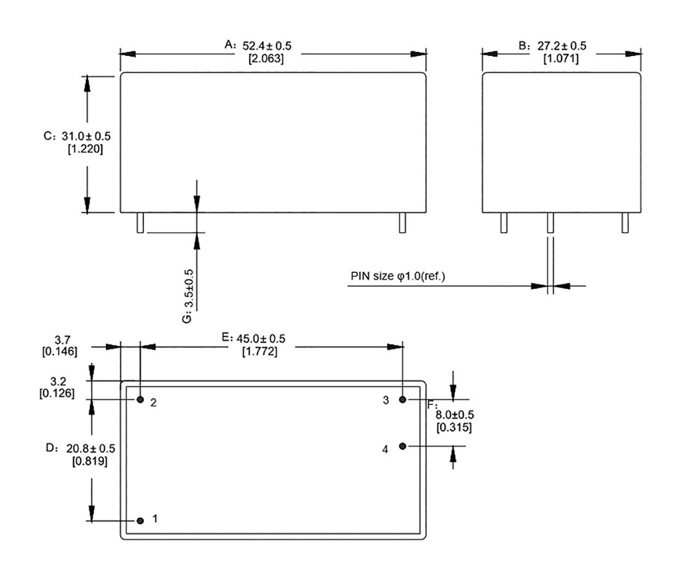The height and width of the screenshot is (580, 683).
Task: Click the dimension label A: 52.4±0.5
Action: (x=257, y=45)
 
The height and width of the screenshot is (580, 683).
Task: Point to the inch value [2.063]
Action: (x=266, y=59)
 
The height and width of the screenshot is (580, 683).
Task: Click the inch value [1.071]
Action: (x=561, y=59)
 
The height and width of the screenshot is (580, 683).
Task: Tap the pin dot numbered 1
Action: (x=140, y=521)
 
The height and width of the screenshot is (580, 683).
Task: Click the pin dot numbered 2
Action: (x=140, y=399)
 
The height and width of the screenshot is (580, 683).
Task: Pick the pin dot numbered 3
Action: (x=403, y=399)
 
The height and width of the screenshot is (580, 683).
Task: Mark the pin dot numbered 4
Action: (x=403, y=446)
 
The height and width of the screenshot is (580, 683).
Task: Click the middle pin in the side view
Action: (x=550, y=223)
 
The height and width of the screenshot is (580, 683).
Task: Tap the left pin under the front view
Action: (x=140, y=223)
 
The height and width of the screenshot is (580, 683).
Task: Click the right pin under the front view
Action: (x=403, y=223)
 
